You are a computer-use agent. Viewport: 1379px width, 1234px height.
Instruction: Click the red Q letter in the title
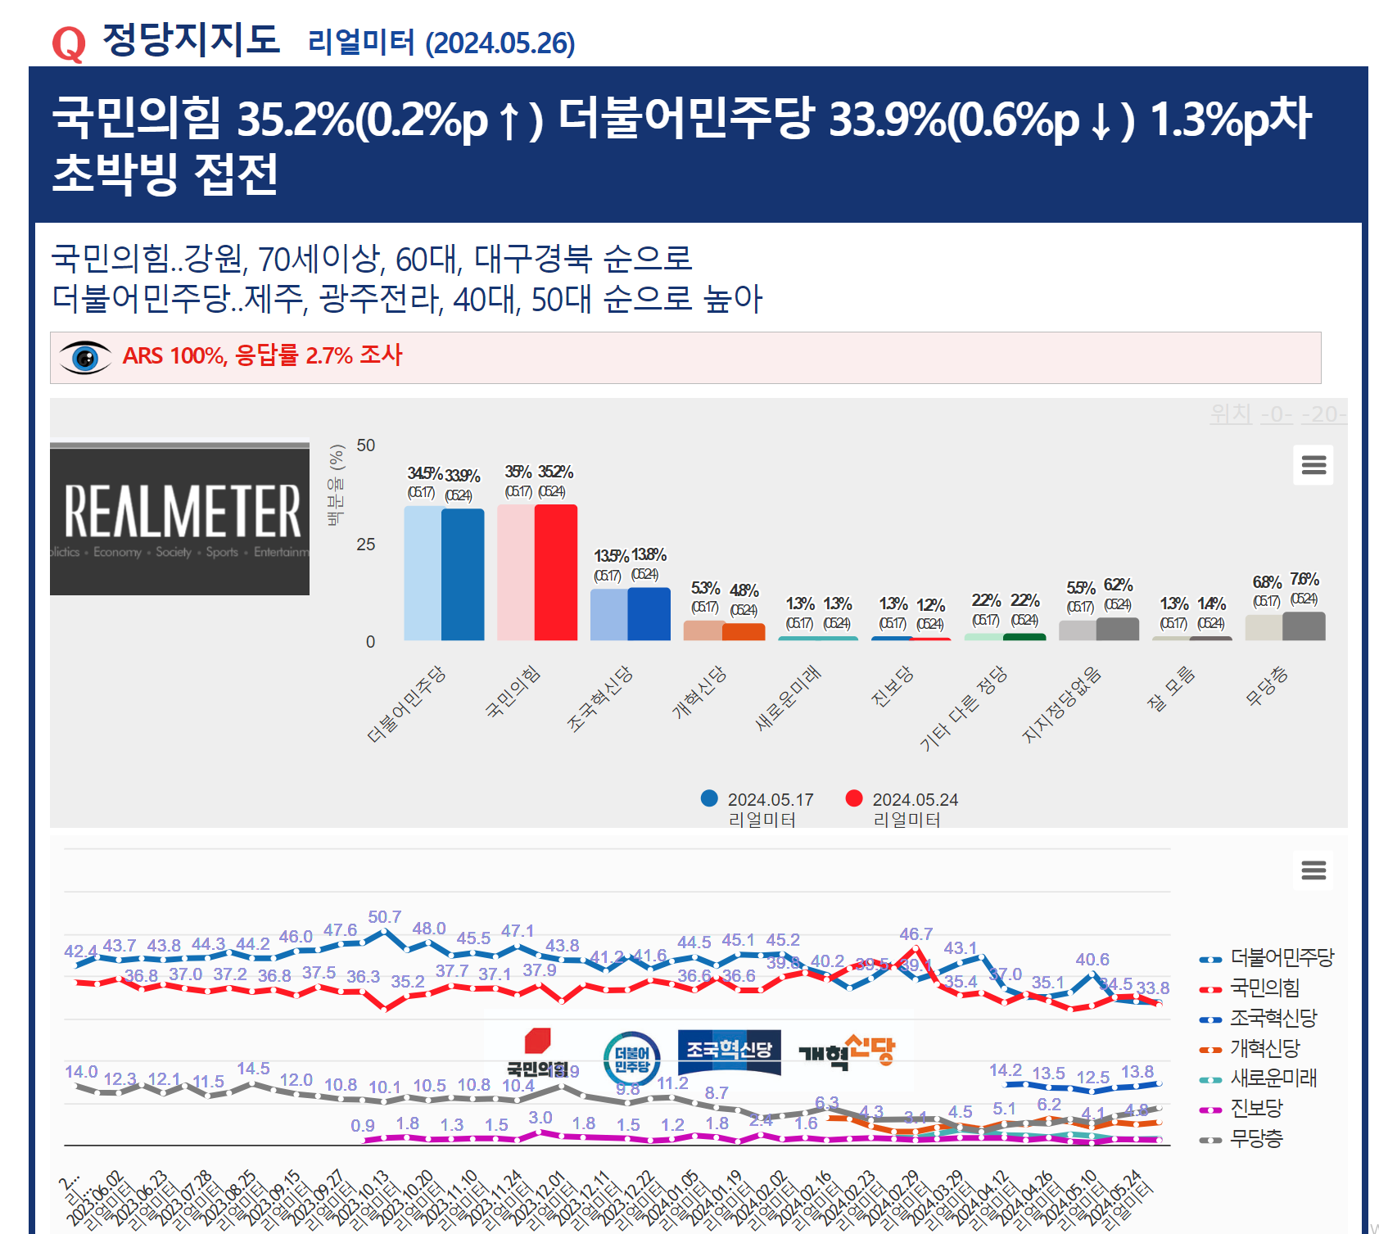pos(68,43)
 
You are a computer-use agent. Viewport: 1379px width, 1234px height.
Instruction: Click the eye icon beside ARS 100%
pos(85,358)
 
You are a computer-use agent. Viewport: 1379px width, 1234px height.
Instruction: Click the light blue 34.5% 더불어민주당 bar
pos(423,572)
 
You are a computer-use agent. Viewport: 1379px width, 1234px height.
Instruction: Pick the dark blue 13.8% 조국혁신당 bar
pos(649,613)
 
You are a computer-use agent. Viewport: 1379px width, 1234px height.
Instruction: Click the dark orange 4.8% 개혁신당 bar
pos(744,631)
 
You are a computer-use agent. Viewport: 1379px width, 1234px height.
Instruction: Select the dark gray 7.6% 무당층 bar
pos(1304,626)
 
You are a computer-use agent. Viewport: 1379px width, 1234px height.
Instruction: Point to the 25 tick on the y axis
pos(365,545)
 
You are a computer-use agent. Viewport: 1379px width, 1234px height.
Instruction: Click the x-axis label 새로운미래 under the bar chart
pos(788,698)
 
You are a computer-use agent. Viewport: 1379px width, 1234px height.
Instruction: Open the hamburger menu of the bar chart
pos(1313,465)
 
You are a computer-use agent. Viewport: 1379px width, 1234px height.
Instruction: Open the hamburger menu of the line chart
pos(1313,870)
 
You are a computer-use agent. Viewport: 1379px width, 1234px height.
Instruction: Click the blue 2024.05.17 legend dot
pos(709,798)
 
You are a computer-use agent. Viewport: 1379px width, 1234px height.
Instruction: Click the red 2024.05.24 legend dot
pos(854,798)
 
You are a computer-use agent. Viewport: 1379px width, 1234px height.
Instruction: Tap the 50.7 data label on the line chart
pos(385,917)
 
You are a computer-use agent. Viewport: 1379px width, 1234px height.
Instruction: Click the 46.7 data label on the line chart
pos(916,934)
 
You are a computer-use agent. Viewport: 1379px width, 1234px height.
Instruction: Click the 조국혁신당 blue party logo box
pos(729,1050)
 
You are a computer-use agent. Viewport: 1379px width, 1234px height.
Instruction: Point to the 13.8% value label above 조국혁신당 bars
pos(649,554)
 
